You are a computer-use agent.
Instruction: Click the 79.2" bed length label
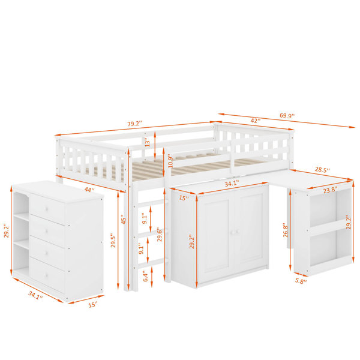point(135,124)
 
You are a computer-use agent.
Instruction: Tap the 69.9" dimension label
point(287,115)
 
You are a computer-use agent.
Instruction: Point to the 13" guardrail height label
point(148,143)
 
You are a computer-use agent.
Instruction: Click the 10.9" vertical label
point(170,161)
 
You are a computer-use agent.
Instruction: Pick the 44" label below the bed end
point(89,190)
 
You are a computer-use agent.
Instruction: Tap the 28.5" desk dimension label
point(322,170)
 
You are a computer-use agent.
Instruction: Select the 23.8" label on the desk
point(330,190)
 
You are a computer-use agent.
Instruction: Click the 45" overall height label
point(124,219)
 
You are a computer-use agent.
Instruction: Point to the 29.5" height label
point(113,241)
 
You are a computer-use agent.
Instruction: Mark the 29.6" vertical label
point(160,234)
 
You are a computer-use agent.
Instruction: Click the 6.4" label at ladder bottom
point(146,276)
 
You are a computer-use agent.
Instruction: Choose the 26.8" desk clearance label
point(286,230)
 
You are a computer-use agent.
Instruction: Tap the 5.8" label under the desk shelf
point(301,281)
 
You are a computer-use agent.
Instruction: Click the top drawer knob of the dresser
point(47,209)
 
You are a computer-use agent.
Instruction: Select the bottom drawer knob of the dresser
point(46,275)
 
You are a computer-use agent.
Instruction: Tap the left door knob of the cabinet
point(232,233)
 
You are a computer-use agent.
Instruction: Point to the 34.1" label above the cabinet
point(232,183)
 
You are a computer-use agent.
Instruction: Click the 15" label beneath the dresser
point(93,305)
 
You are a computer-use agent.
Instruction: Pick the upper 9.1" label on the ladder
point(145,218)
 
